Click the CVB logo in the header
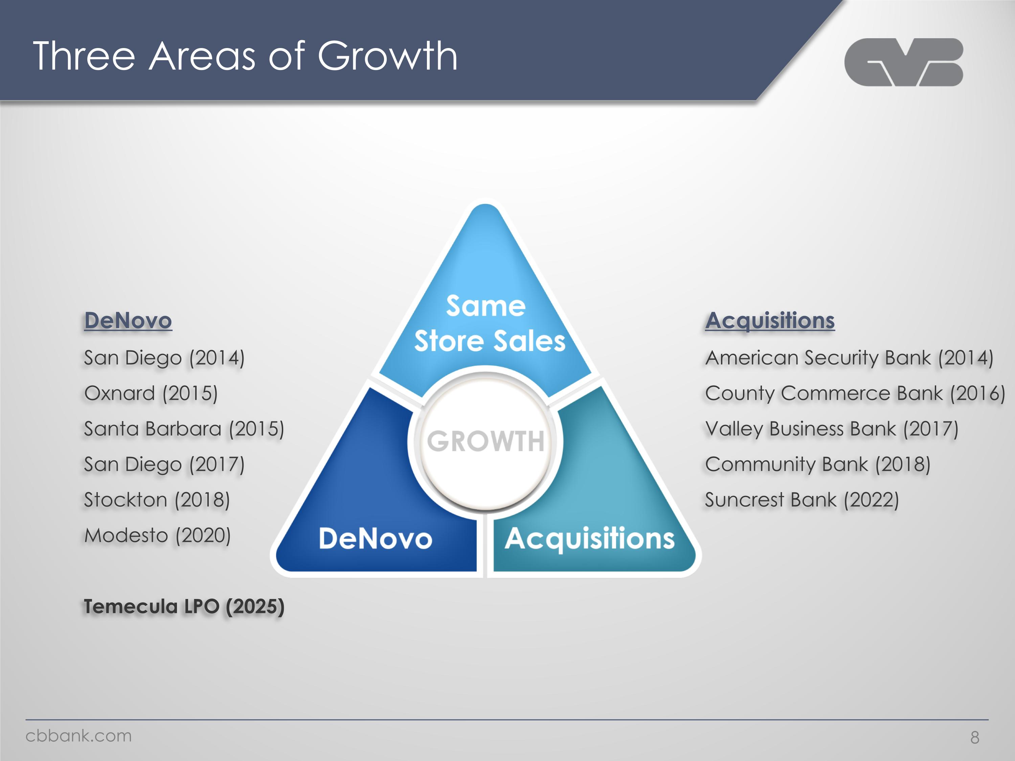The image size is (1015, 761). pos(903,62)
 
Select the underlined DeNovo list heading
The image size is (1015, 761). pos(128,320)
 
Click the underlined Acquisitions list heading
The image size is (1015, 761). pos(770,320)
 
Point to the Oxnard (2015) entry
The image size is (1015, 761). pos(151,393)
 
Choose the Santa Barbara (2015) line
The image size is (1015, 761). pos(184,429)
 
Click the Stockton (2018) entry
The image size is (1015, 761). pos(157,500)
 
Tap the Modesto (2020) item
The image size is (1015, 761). pos(157,535)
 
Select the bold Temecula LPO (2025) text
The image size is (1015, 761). pos(184,606)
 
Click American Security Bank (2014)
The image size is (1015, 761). pos(849,358)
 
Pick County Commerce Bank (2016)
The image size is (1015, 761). pos(855,393)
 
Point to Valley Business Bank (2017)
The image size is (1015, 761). pos(832,429)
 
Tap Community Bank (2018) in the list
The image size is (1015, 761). pos(818,464)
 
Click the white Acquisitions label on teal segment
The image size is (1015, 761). pos(590,539)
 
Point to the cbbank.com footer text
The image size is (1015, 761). pos(78,736)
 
